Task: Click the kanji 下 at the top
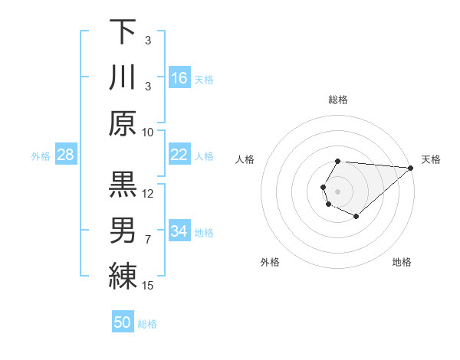[x=123, y=32]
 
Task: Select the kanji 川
[x=123, y=77]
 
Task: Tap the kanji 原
[x=123, y=123]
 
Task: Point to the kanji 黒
[x=123, y=185]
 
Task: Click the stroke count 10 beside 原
[x=148, y=132]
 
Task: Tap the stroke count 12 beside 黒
[x=148, y=193]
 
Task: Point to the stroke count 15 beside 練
[x=148, y=286]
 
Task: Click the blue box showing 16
[x=179, y=78]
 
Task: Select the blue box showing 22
[x=179, y=155]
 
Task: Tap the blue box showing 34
[x=179, y=231]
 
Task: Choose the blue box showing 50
[x=123, y=322]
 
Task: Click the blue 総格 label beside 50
[x=147, y=324]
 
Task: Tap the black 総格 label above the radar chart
[x=338, y=100]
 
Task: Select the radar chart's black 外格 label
[x=270, y=262]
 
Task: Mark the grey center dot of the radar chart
[x=337, y=190]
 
